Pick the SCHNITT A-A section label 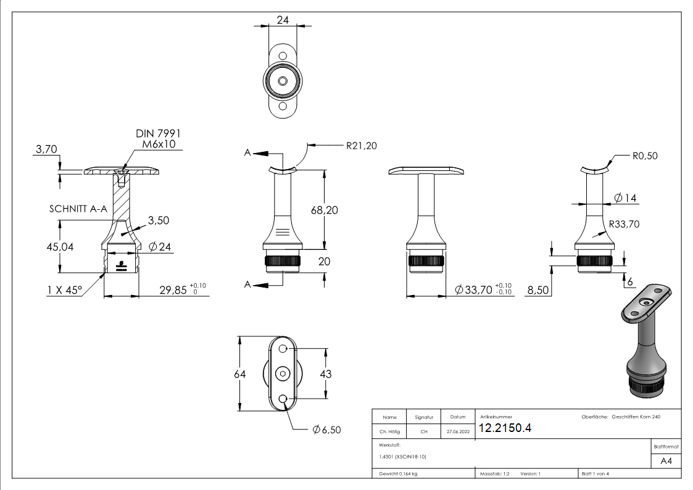[x=78, y=209]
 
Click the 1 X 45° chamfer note [x=64, y=289]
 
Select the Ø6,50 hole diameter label [x=326, y=430]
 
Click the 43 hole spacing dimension [x=325, y=374]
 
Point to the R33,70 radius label [x=624, y=224]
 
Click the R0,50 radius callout [x=645, y=156]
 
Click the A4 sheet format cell [x=666, y=461]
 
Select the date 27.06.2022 [x=457, y=431]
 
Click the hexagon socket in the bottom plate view [x=283, y=374]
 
